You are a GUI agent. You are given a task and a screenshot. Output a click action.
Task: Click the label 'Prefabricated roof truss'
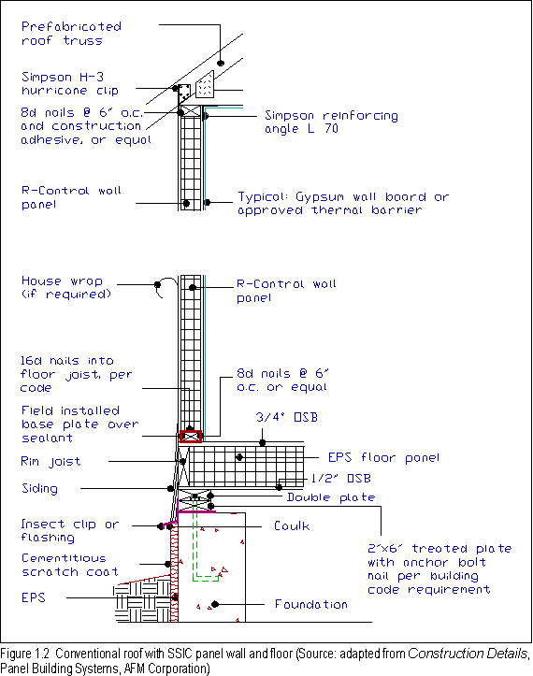point(71,34)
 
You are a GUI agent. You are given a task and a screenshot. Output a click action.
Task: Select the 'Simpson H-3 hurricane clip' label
point(69,83)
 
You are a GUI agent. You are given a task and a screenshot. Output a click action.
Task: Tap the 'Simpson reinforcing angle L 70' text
point(331,122)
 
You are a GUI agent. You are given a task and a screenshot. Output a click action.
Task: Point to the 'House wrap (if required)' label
point(66,288)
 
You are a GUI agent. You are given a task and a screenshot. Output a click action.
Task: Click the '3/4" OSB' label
point(287,417)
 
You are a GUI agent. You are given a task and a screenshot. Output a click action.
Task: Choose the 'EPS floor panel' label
point(383,457)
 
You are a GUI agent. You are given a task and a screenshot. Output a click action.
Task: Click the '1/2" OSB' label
point(340,478)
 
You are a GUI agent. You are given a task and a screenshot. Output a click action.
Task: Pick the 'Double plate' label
point(331,497)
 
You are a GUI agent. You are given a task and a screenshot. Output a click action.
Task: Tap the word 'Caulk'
point(292,526)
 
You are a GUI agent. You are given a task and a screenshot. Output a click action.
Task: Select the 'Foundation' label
point(310,604)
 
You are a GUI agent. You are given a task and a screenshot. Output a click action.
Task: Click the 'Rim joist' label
point(50,462)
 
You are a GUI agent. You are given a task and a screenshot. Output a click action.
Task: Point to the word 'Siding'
point(39,488)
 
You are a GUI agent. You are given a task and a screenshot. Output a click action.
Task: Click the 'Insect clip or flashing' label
point(70,531)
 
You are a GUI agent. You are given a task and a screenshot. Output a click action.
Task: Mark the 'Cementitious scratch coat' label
point(69,565)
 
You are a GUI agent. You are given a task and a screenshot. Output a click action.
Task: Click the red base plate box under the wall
point(191,437)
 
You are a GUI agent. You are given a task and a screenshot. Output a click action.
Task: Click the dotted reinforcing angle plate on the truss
point(205,84)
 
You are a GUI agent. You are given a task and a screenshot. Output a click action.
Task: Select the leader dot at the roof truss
point(221,63)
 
